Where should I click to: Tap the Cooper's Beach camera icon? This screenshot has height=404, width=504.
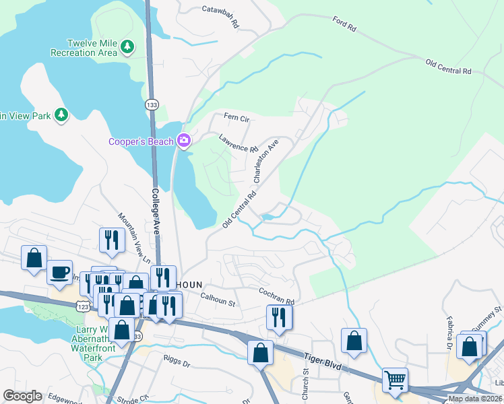[183, 141]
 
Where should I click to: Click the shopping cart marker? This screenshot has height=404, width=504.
[394, 380]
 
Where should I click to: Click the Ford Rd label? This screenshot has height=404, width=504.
[344, 24]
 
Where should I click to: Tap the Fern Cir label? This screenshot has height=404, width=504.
[237, 119]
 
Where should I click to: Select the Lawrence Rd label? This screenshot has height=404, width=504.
[239, 143]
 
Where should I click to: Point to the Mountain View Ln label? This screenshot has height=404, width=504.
[134, 236]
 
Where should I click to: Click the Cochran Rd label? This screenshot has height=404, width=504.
[278, 296]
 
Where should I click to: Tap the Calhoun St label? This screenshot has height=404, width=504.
[217, 298]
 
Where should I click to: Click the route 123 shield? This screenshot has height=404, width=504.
[83, 306]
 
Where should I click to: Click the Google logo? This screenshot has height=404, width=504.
[23, 396]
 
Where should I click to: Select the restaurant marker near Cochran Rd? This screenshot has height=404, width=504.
[279, 316]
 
